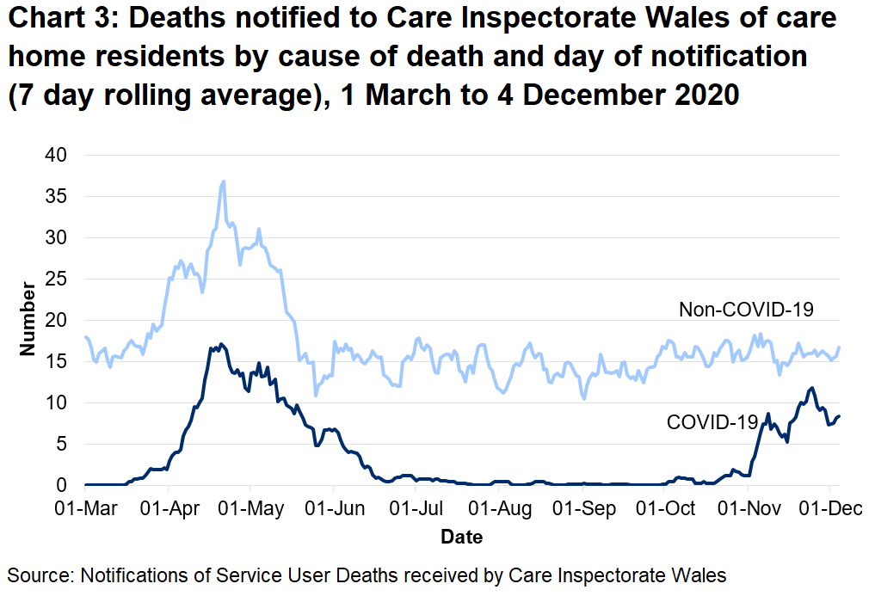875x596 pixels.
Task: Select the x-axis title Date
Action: [x=461, y=538]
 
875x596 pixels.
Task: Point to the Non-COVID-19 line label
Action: [x=746, y=310]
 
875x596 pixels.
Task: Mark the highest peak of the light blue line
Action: [x=224, y=181]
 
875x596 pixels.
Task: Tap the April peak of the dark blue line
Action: [x=221, y=344]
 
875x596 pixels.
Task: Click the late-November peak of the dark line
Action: [x=810, y=388]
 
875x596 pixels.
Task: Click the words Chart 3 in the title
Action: [x=63, y=19]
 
